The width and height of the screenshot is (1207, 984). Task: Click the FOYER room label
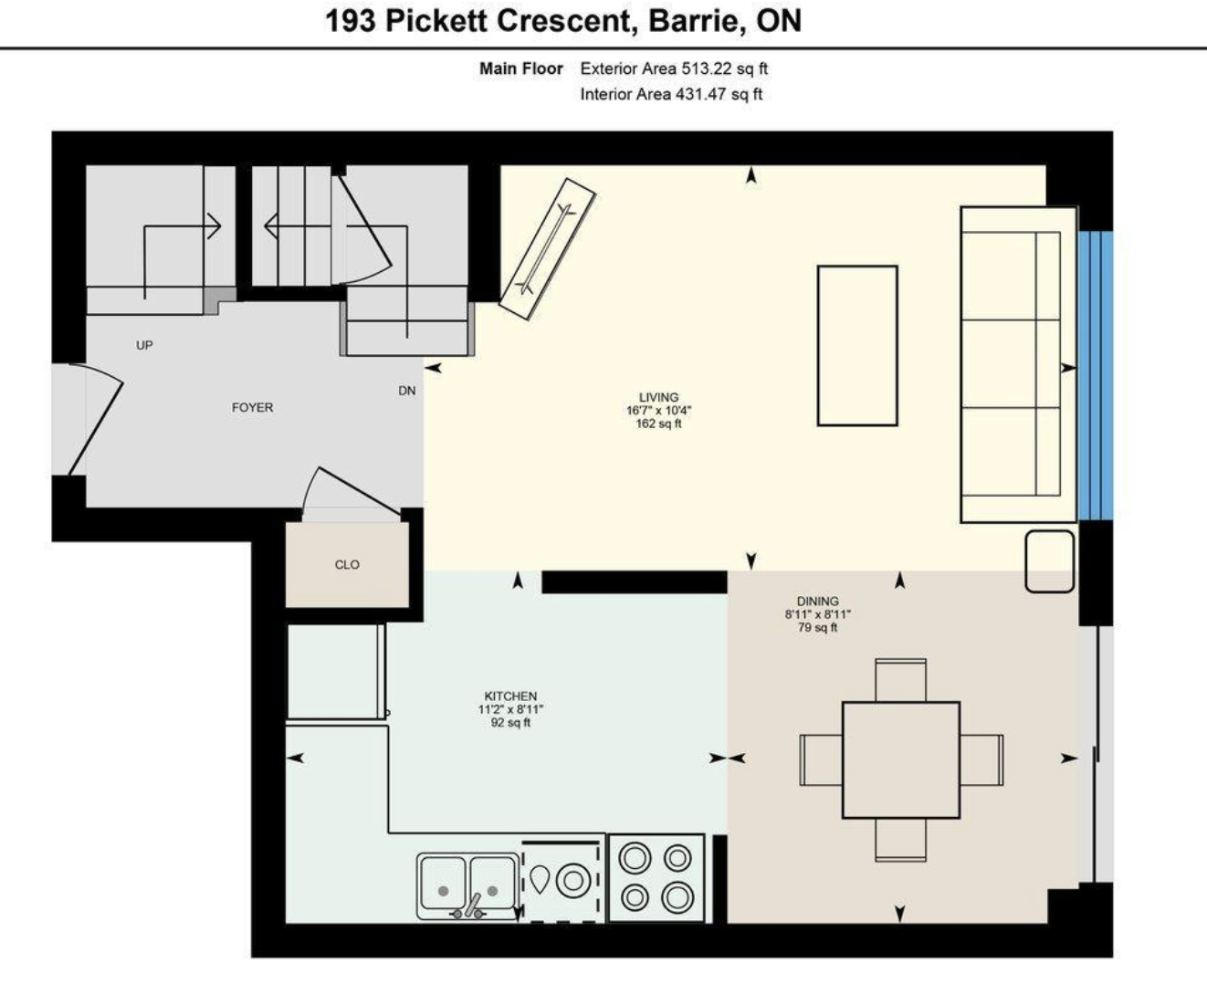252,407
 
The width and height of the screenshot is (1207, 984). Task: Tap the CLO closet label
347,565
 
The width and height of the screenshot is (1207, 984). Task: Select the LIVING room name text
658,397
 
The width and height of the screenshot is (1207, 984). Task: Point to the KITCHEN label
510,696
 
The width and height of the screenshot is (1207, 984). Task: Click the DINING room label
818,602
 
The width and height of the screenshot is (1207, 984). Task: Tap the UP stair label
144,345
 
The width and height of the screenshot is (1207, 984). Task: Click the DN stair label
407,391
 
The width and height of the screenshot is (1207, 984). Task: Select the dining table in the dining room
901,759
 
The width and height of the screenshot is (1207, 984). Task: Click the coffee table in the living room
857,346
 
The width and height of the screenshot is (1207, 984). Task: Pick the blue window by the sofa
1096,375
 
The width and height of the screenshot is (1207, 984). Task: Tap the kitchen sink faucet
471,906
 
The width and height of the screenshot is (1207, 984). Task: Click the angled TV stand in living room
547,249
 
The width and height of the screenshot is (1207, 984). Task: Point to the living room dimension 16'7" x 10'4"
658,410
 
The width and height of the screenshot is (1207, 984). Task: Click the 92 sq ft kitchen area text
510,723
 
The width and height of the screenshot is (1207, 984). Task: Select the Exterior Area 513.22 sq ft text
674,68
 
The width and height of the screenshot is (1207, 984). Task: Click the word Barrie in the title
697,21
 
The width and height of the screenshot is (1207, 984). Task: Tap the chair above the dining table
901,680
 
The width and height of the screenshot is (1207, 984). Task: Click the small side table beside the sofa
1049,561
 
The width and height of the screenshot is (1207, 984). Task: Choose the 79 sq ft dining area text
818,627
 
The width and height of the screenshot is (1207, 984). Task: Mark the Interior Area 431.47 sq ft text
671,94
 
